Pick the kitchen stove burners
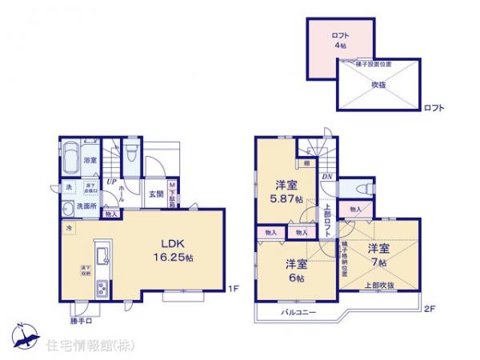click(101, 290)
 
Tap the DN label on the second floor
click(326, 177)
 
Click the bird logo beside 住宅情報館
click(26, 338)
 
